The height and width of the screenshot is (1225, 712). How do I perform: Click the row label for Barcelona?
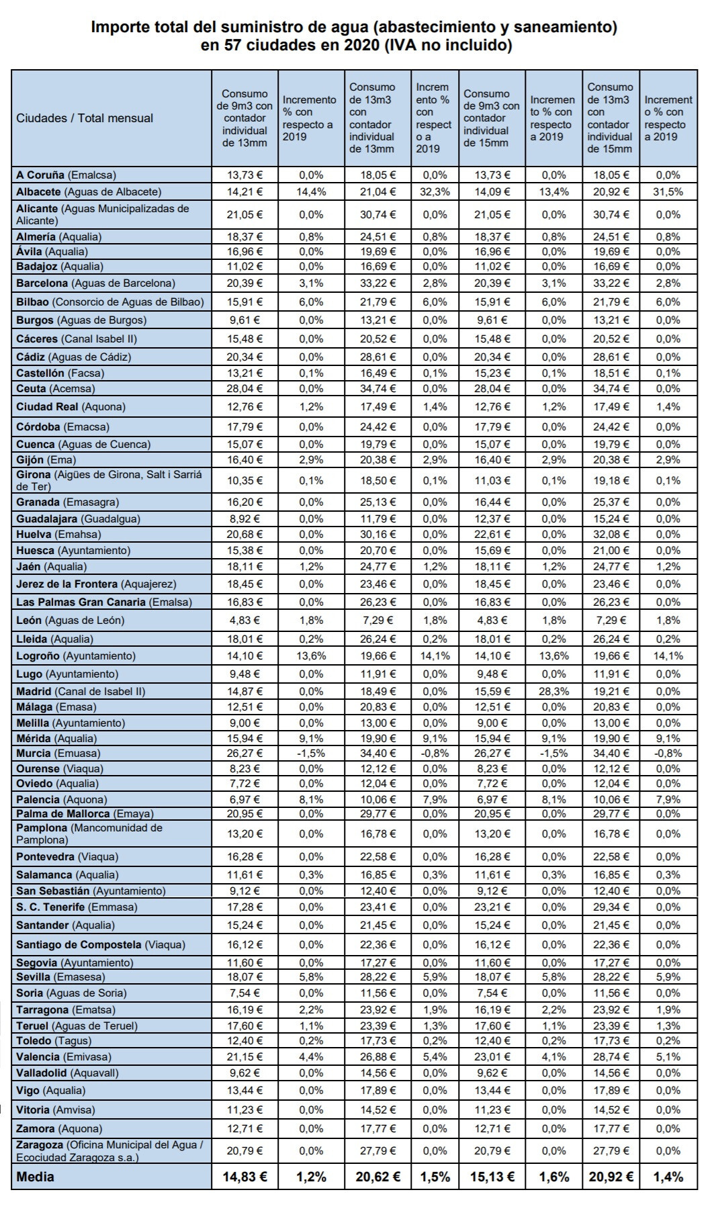(95, 283)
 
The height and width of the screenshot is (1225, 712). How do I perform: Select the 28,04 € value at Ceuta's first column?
(244, 388)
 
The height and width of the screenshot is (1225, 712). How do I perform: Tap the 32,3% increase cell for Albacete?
(435, 191)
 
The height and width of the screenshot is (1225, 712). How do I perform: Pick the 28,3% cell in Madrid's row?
(553, 691)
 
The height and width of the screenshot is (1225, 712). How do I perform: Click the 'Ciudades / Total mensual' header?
(85, 118)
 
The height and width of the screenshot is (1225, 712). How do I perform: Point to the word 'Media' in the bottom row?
(36, 1177)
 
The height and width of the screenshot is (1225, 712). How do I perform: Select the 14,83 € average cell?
(244, 1177)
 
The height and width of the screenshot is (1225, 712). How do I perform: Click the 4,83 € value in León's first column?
(244, 620)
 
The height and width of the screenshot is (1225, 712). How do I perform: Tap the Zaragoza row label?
(109, 1150)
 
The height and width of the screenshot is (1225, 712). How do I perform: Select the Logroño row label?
(76, 655)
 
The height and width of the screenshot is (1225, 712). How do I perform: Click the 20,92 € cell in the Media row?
(610, 1177)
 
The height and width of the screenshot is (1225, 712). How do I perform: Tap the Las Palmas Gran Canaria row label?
(104, 602)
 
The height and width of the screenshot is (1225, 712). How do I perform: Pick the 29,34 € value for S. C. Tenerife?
(610, 907)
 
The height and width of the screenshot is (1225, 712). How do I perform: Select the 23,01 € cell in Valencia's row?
(492, 1056)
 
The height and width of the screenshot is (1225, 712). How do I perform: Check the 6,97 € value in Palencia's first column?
(244, 799)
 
